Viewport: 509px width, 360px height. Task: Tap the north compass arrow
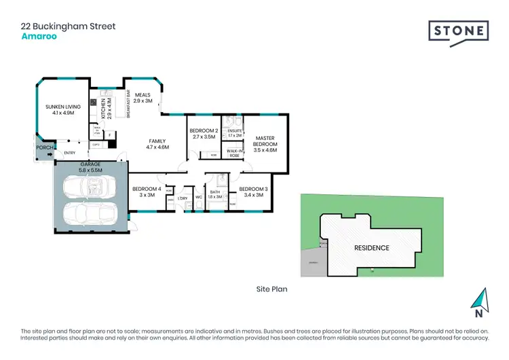point(479,299)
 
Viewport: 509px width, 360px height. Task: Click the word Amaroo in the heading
point(39,38)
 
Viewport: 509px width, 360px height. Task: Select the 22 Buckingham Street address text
point(68,26)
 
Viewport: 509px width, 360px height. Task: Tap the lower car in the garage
point(90,216)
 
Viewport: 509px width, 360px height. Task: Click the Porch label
point(45,147)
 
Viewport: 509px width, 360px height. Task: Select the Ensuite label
point(234,132)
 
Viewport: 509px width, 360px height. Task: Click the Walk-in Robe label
point(235,153)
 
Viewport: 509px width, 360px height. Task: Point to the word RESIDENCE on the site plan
point(371,248)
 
